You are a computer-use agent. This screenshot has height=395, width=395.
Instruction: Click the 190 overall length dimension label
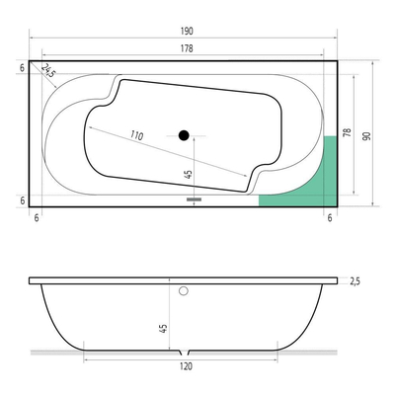coord(187,32)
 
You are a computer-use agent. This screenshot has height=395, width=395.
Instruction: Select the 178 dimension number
coord(187,48)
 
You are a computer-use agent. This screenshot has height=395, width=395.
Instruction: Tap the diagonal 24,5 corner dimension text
coord(48,70)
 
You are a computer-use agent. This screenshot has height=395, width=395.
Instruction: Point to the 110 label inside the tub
coord(136,135)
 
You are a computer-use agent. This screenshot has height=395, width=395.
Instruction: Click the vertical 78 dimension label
coord(348,132)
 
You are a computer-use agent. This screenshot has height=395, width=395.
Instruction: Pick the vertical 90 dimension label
coord(366,136)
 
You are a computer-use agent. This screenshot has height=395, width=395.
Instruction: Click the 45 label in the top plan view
coord(189,174)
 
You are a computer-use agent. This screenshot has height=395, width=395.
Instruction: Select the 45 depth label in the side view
coord(164,328)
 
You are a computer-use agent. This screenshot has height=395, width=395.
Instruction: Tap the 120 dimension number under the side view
coord(186,366)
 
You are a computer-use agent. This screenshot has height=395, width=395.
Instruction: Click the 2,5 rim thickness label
coord(355,281)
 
